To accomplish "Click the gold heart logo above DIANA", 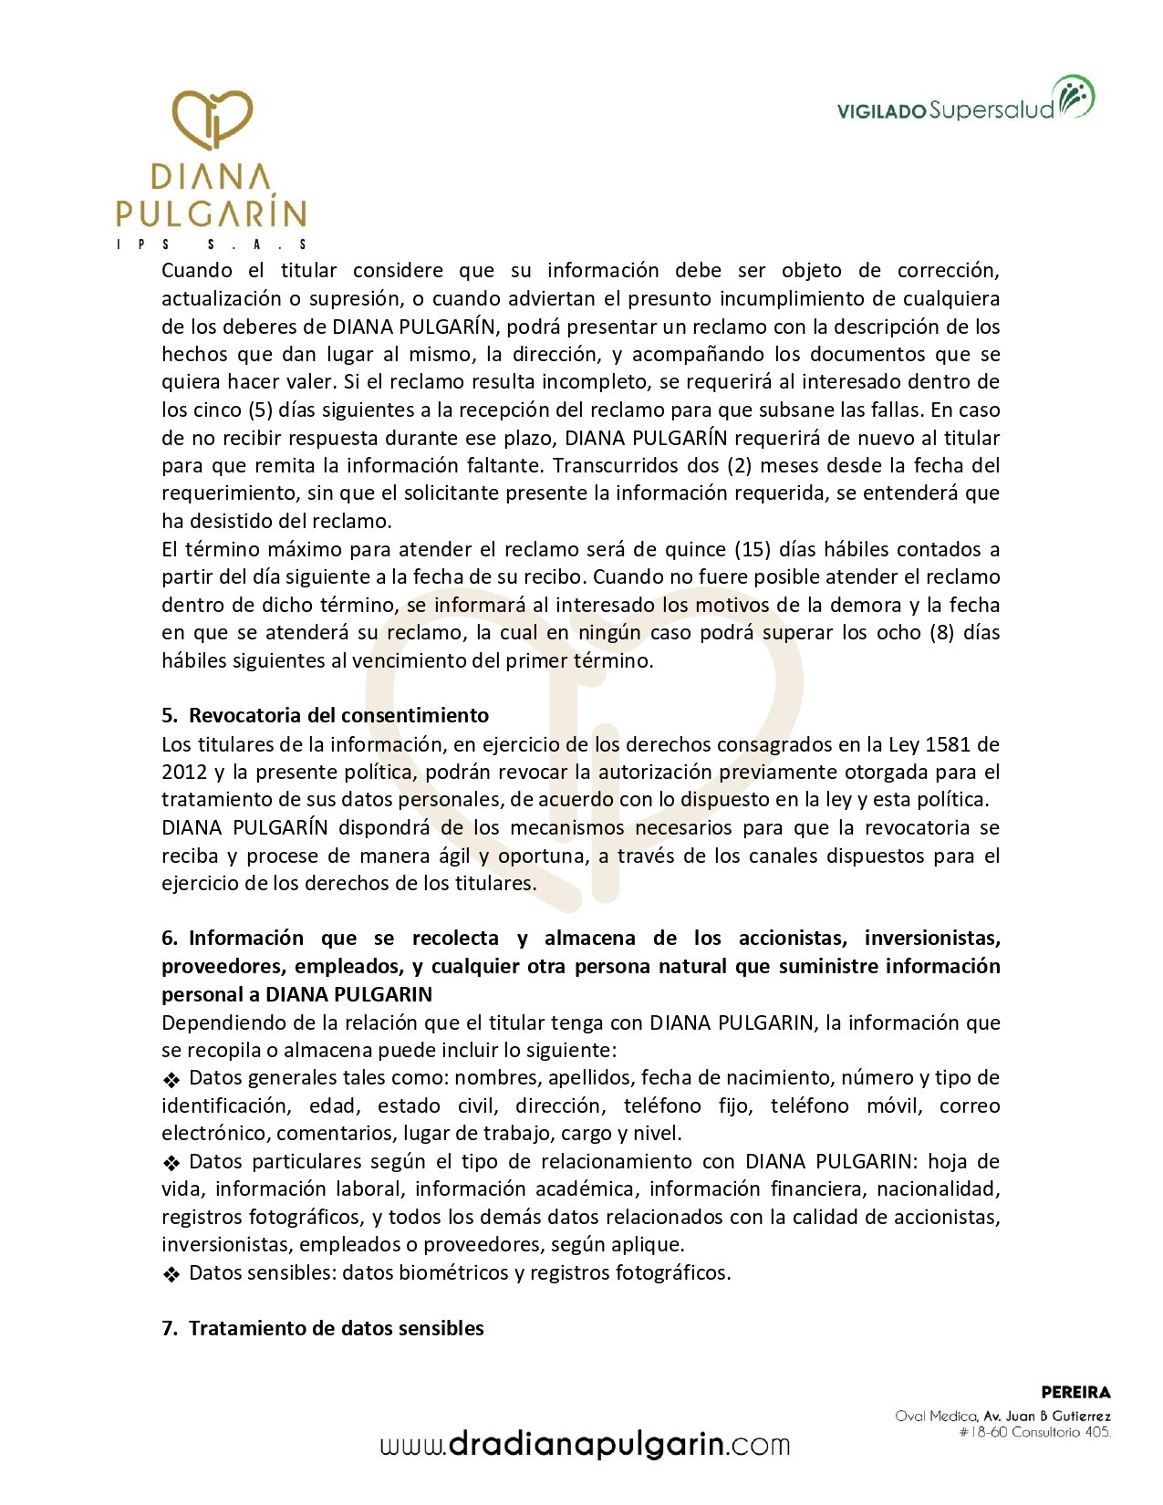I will coord(212,119).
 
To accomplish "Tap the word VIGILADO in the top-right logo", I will coord(881,111).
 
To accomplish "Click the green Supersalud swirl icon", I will coord(1074,97).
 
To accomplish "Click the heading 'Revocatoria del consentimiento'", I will coord(338,716).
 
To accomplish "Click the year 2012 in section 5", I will coord(184,773).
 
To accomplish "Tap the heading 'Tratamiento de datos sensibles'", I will coord(336,1329).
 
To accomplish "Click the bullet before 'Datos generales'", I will coord(171,1080).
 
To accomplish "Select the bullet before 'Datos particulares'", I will coord(171,1163).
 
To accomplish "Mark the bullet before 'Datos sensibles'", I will coord(171,1274).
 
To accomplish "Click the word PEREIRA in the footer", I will coord(1075,1393).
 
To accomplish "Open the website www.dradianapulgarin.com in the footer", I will coord(585,1445).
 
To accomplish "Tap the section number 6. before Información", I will coord(170,939).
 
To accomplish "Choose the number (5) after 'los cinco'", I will coord(260,410).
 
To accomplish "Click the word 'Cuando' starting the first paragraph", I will coord(197,270).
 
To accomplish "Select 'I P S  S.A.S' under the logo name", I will coord(212,244).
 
